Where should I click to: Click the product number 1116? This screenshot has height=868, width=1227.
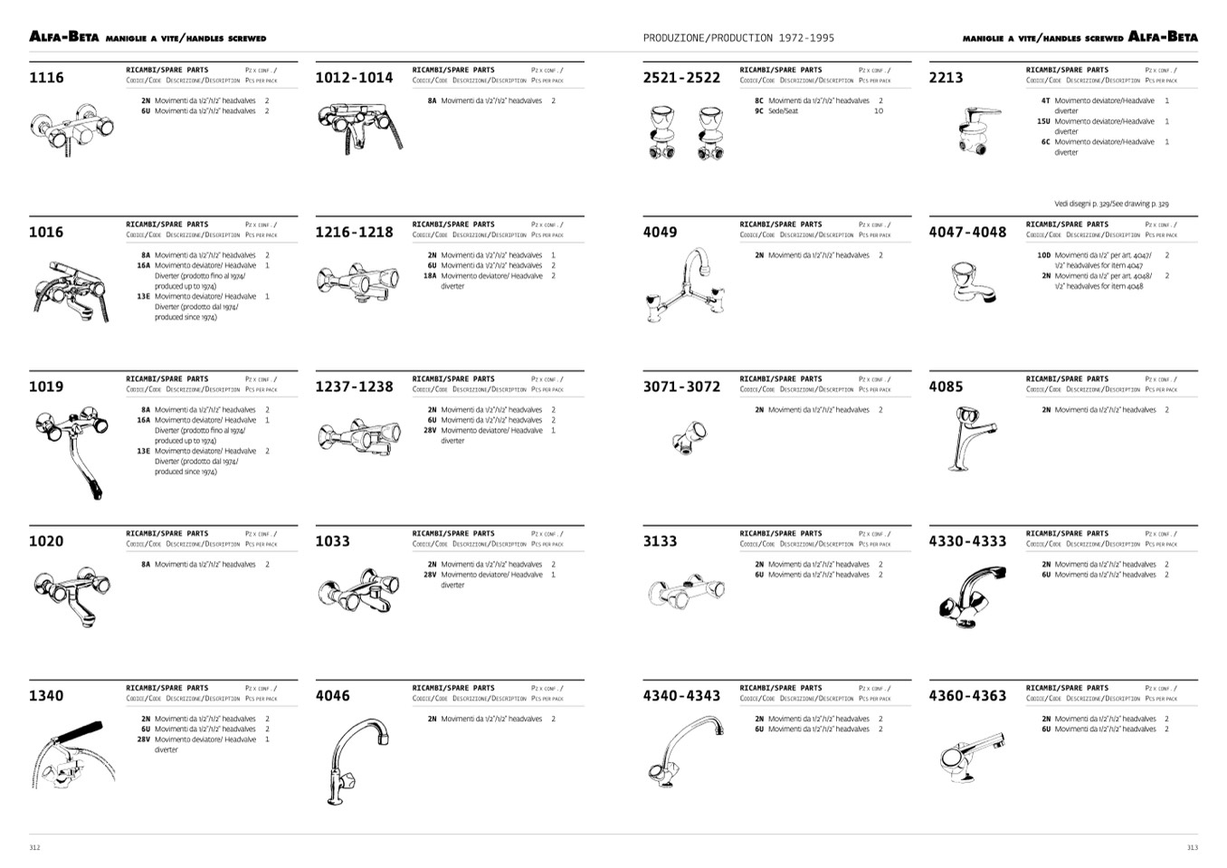tap(46, 78)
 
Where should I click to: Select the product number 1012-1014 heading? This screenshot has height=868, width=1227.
tap(354, 78)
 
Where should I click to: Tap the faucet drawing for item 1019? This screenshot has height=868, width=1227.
tap(71, 450)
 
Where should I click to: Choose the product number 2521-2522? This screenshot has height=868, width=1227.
tap(681, 78)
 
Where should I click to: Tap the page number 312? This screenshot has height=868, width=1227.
tap(34, 847)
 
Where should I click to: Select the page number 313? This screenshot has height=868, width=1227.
tap(1192, 847)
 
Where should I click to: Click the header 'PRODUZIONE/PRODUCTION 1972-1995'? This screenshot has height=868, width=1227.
tap(738, 38)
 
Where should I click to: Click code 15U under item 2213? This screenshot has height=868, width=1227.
tap(1043, 121)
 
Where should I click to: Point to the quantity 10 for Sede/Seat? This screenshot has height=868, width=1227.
tap(878, 111)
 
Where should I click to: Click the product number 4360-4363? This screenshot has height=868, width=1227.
tap(967, 696)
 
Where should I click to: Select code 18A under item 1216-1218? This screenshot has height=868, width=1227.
tap(430, 276)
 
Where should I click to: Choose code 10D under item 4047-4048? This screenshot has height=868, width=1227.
tap(1044, 255)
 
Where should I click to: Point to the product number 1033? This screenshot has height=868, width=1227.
tap(332, 541)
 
